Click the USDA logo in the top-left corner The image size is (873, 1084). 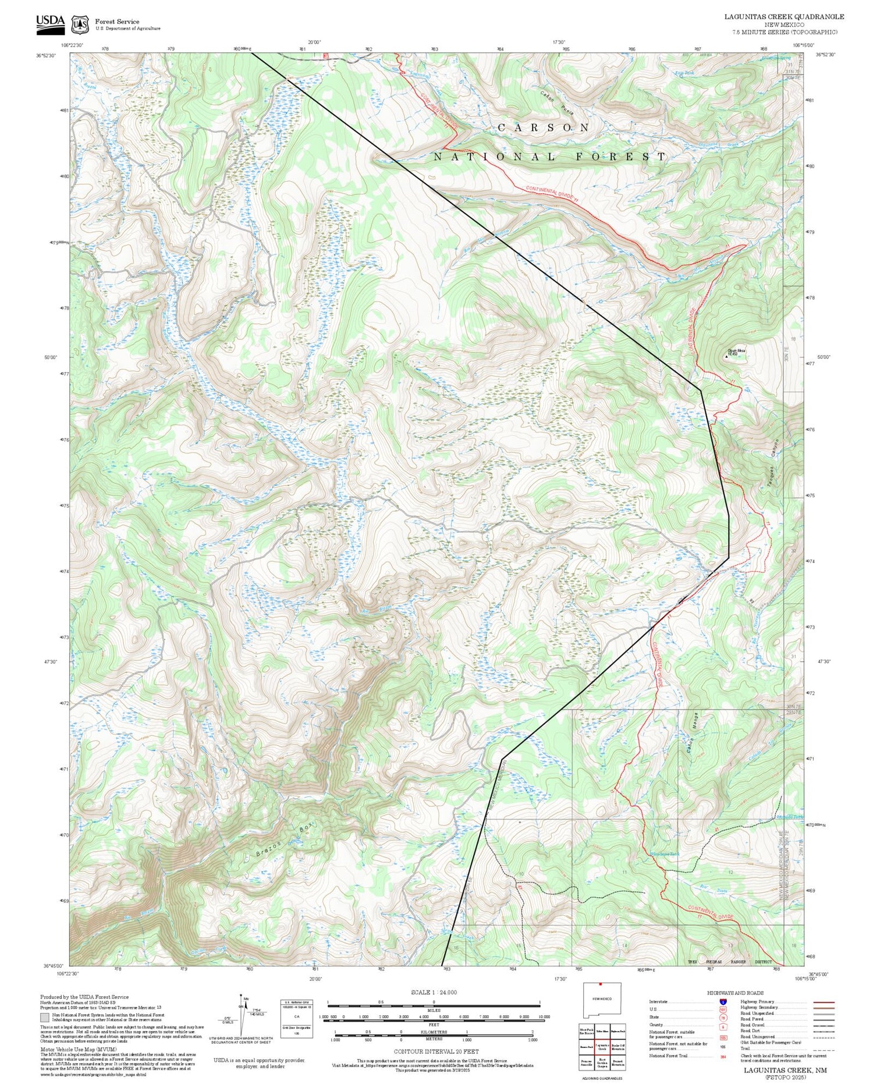point(50,22)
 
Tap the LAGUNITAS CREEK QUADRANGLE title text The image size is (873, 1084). point(783,17)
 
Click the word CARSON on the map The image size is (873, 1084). point(544,127)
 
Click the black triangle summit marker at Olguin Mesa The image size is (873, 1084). point(726,357)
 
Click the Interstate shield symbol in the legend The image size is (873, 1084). point(723,1002)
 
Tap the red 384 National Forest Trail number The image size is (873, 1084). point(723,1056)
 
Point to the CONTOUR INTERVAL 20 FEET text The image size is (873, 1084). point(436,1051)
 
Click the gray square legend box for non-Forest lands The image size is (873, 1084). point(45,1018)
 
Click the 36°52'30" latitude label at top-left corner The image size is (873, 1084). point(45,56)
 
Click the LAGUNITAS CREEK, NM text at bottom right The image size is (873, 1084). point(785,1070)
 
